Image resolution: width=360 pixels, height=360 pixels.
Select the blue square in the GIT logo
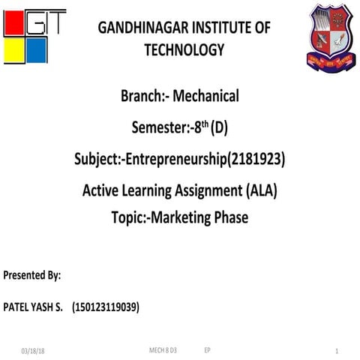tap(37, 51)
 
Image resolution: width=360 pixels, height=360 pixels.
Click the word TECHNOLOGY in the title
tap(184, 50)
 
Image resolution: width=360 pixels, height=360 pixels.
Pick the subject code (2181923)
tap(253, 159)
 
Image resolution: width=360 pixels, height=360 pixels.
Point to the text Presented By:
tap(32, 275)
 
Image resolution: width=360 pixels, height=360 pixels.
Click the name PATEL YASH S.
tap(34, 307)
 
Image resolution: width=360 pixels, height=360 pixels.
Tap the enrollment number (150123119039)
tap(105, 307)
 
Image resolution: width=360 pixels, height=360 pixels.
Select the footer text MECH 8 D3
tap(163, 350)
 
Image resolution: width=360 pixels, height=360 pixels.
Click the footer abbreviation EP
tap(207, 350)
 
